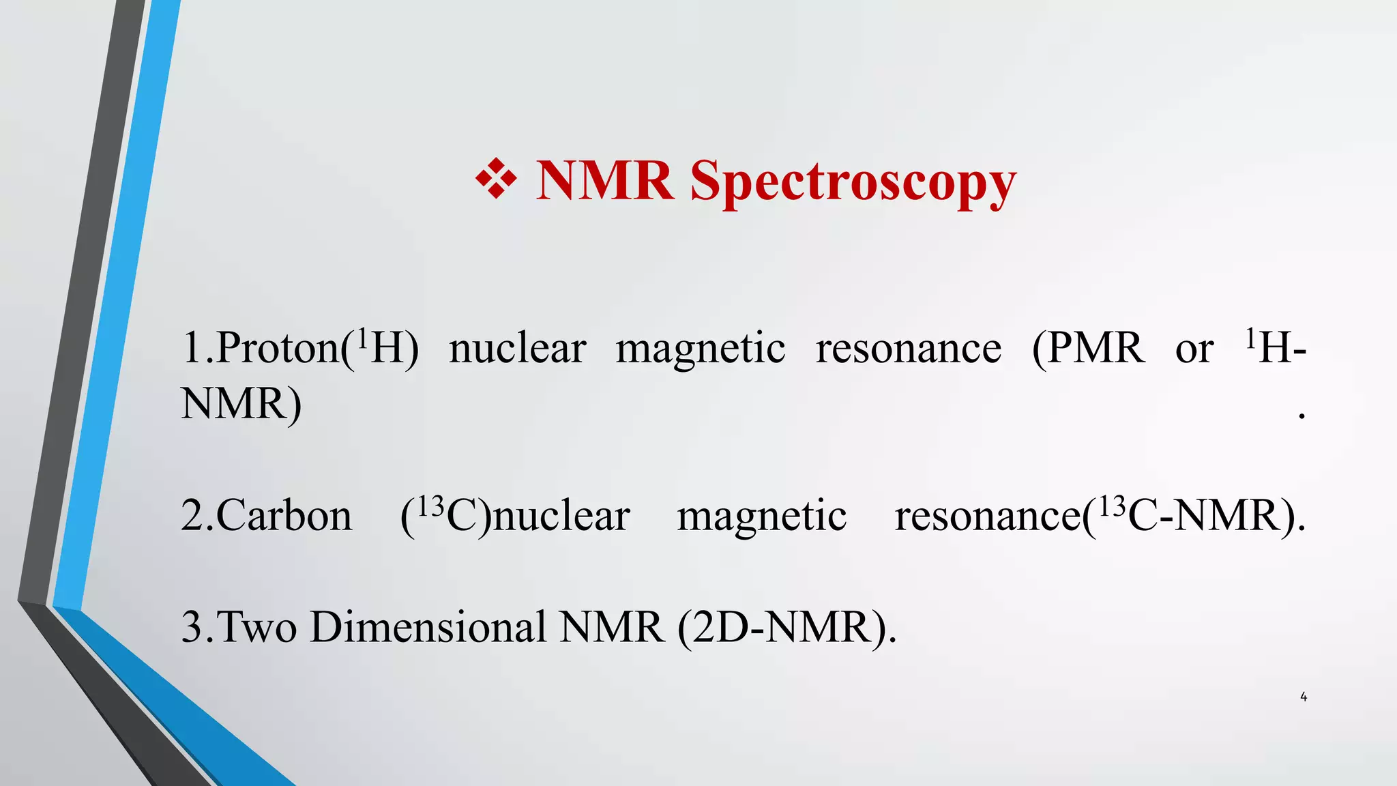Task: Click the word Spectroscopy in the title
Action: pyautogui.click(x=853, y=182)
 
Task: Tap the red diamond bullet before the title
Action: pyautogui.click(x=496, y=179)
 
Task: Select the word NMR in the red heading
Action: pyautogui.click(x=604, y=181)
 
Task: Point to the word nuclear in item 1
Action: pyautogui.click(x=518, y=349)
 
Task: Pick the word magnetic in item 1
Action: pyautogui.click(x=701, y=349)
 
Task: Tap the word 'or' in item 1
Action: pyautogui.click(x=1194, y=350)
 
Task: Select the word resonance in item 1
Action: pyautogui.click(x=909, y=350)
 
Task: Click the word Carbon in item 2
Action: pyautogui.click(x=284, y=516)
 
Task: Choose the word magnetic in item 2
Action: pyautogui.click(x=762, y=516)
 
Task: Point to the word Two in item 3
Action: pyautogui.click(x=256, y=627)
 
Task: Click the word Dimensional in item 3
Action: pyautogui.click(x=428, y=627)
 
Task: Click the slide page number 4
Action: pyautogui.click(x=1304, y=697)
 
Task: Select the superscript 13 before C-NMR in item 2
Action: pyautogui.click(x=1111, y=506)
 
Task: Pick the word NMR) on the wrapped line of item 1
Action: pyautogui.click(x=241, y=404)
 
